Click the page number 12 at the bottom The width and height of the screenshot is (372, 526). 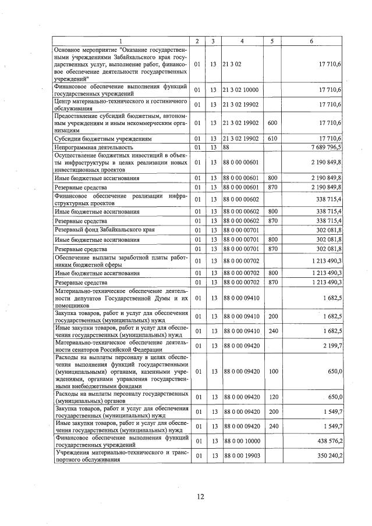200,496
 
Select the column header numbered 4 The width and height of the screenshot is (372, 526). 240,41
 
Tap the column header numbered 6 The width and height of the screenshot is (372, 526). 311,41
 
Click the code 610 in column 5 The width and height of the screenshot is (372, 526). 271,139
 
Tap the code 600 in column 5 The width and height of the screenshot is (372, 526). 271,123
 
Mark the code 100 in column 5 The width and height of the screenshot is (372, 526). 271,371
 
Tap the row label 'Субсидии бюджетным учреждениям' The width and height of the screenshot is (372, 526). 102,139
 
